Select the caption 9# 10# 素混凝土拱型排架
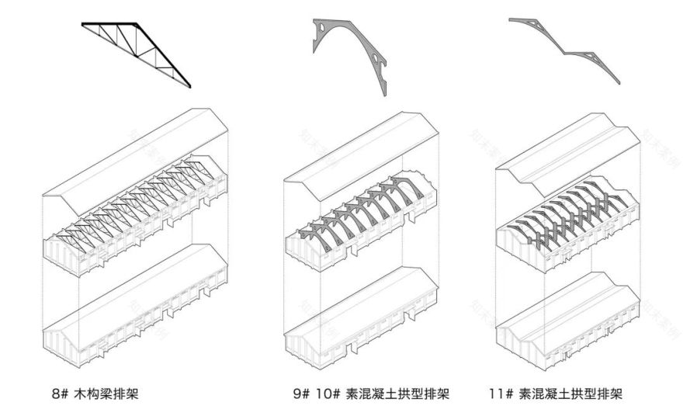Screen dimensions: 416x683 tap(372, 393)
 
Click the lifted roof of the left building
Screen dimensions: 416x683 tap(136, 159)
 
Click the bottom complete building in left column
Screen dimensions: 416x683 tap(136, 310)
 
